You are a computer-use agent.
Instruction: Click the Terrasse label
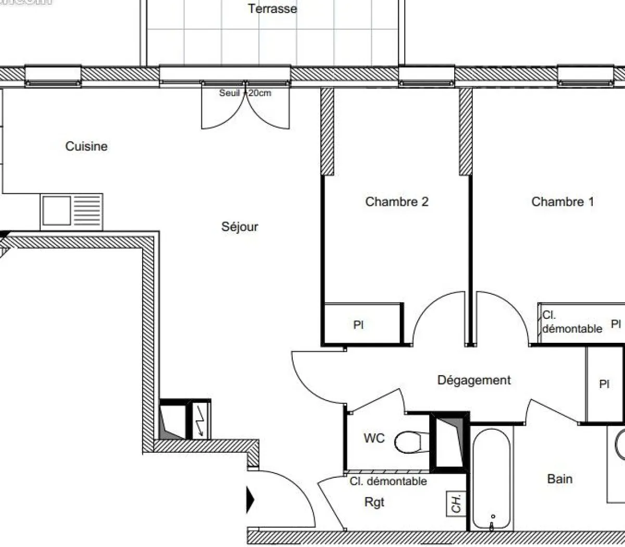[x=272, y=8]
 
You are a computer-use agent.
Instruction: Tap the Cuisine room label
[x=86, y=146]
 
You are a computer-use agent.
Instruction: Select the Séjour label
[x=240, y=227]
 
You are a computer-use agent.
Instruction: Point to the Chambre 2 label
[x=397, y=202]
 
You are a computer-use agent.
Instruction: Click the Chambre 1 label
[x=562, y=202]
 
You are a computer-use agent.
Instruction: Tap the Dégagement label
[x=474, y=380]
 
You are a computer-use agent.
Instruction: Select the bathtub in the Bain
[x=492, y=477]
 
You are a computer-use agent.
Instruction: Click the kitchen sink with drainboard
[x=71, y=211]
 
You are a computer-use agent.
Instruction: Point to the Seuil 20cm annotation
[x=245, y=93]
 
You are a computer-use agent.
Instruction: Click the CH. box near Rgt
[x=456, y=503]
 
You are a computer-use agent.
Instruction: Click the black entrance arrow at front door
[x=250, y=500]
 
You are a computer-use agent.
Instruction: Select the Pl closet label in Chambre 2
[x=358, y=325]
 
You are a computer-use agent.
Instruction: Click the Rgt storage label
[x=374, y=502]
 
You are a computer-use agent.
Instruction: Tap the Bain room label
[x=560, y=479]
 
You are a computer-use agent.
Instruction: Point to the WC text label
[x=374, y=438]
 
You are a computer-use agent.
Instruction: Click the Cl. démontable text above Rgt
[x=388, y=481]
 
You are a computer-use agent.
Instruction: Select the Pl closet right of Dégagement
[x=604, y=384]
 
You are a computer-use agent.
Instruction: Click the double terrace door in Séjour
[x=245, y=107]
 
